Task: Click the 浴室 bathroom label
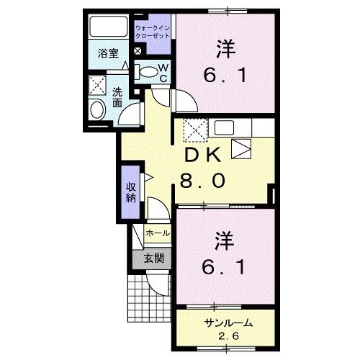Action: point(108,53)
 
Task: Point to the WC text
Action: point(163,73)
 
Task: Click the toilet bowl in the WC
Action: point(148,71)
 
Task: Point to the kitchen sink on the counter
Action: point(222,128)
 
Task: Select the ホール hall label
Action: point(158,234)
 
